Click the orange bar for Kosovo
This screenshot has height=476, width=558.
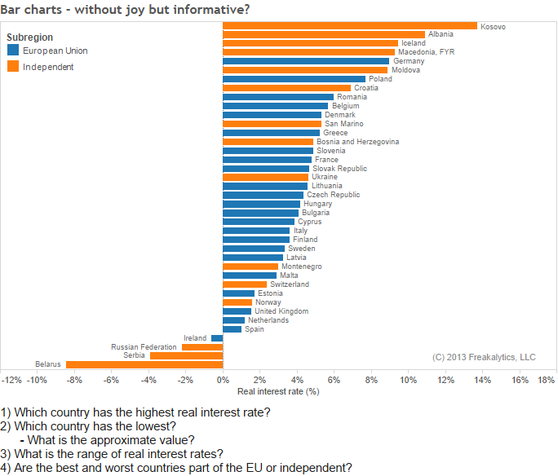click(x=349, y=26)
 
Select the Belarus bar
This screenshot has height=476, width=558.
click(x=144, y=364)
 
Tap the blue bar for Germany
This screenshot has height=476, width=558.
click(x=306, y=61)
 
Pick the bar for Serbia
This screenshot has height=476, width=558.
click(x=186, y=355)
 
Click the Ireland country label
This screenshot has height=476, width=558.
click(x=195, y=337)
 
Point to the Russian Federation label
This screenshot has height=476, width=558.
click(x=144, y=346)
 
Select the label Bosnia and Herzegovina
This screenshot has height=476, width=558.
click(x=357, y=142)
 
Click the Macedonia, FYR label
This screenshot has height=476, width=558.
click(x=426, y=52)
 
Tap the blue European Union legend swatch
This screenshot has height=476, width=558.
click(x=12, y=51)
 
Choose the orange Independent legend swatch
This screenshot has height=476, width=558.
click(x=12, y=67)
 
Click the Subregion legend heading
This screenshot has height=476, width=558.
click(x=29, y=37)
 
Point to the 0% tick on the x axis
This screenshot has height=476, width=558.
click(x=223, y=380)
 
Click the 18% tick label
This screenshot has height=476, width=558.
click(x=547, y=380)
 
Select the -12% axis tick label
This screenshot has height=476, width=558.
click(x=11, y=380)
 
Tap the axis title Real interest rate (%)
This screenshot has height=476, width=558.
click(x=277, y=391)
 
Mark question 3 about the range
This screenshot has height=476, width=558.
click(x=112, y=454)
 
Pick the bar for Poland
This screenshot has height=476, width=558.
click(x=294, y=79)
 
